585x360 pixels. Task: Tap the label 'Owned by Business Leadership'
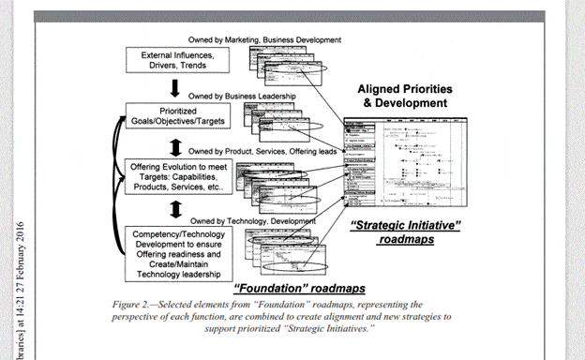pos(242,96)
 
